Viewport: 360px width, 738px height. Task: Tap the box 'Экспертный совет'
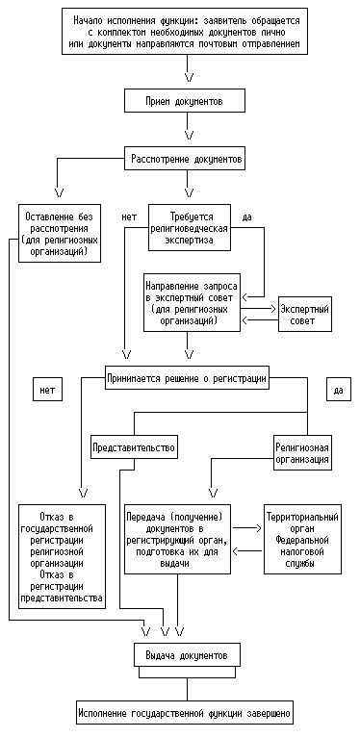(304, 315)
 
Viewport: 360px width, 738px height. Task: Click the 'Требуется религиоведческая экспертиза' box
(190, 228)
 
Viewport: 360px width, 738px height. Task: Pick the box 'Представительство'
(134, 447)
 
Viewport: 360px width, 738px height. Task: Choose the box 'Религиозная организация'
(302, 451)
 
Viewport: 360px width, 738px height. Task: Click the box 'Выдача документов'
(188, 655)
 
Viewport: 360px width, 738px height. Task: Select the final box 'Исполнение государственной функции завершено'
(187, 713)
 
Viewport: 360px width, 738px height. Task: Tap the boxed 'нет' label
(47, 390)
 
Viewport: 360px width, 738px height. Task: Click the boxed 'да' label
(338, 390)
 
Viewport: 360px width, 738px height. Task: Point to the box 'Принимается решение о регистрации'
(188, 377)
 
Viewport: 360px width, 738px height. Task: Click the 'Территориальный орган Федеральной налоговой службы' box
(302, 540)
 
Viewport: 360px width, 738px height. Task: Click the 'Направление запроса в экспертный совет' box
(192, 303)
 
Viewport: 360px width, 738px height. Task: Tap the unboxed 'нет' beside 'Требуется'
(129, 217)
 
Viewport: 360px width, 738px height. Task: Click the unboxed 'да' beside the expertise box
(246, 217)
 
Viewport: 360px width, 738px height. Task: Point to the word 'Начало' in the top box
(87, 21)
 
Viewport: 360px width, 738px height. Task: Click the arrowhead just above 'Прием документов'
(190, 76)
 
